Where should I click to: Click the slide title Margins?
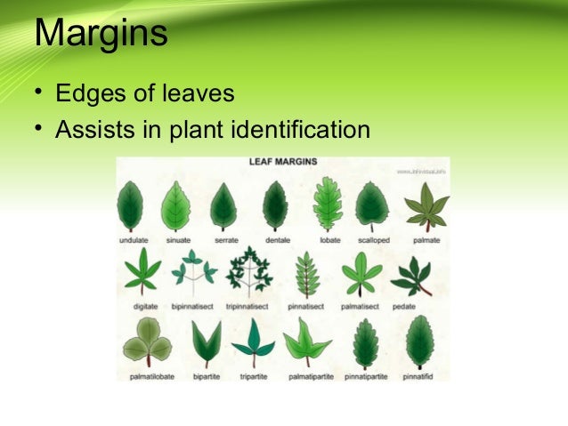[x=101, y=35]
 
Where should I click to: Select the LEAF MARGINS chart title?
[x=282, y=163]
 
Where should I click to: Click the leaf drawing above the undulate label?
[x=131, y=205]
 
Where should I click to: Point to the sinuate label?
[x=178, y=240]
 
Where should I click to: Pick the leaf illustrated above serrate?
[x=223, y=205]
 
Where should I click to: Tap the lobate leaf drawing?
[x=328, y=204]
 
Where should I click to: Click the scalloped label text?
[x=372, y=240]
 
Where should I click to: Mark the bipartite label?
[x=207, y=376]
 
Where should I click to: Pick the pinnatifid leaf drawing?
[x=418, y=342]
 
